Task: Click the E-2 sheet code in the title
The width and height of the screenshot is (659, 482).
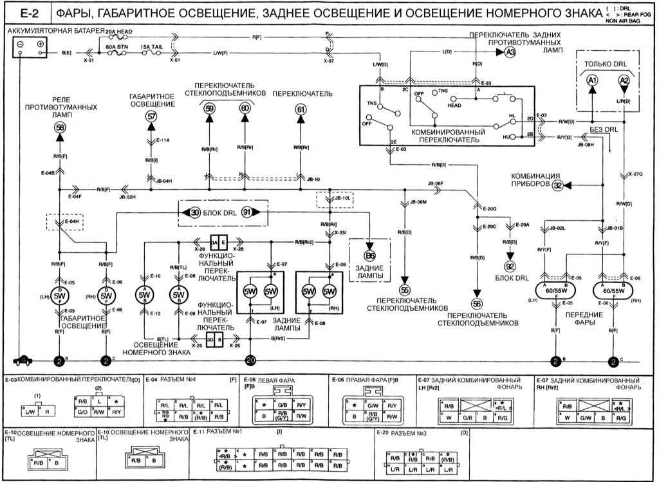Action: point(26,12)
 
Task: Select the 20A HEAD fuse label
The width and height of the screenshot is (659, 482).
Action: point(118,30)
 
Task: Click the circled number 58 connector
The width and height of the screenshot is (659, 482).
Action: point(59,128)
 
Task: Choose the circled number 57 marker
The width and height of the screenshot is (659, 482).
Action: point(151,116)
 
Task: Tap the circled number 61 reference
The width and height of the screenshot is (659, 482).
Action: point(301,109)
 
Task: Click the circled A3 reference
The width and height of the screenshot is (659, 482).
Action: point(510,53)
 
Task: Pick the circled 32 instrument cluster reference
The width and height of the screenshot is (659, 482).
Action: point(557,185)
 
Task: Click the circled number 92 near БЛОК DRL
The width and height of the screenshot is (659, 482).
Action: point(510,266)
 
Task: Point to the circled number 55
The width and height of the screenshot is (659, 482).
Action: point(405,290)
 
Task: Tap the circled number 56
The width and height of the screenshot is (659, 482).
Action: point(476,304)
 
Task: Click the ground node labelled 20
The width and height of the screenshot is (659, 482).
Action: point(251,360)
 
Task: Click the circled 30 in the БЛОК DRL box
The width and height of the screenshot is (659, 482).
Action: point(196,212)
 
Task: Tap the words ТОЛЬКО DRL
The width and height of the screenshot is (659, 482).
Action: point(606,64)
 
